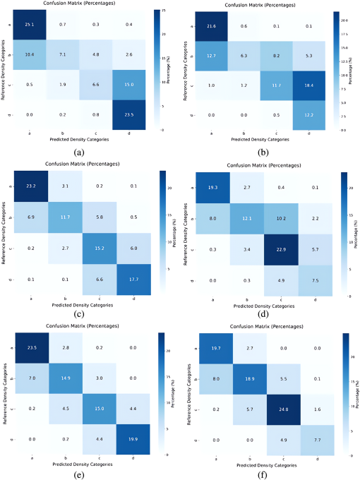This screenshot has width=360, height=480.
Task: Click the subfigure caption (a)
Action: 88,150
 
